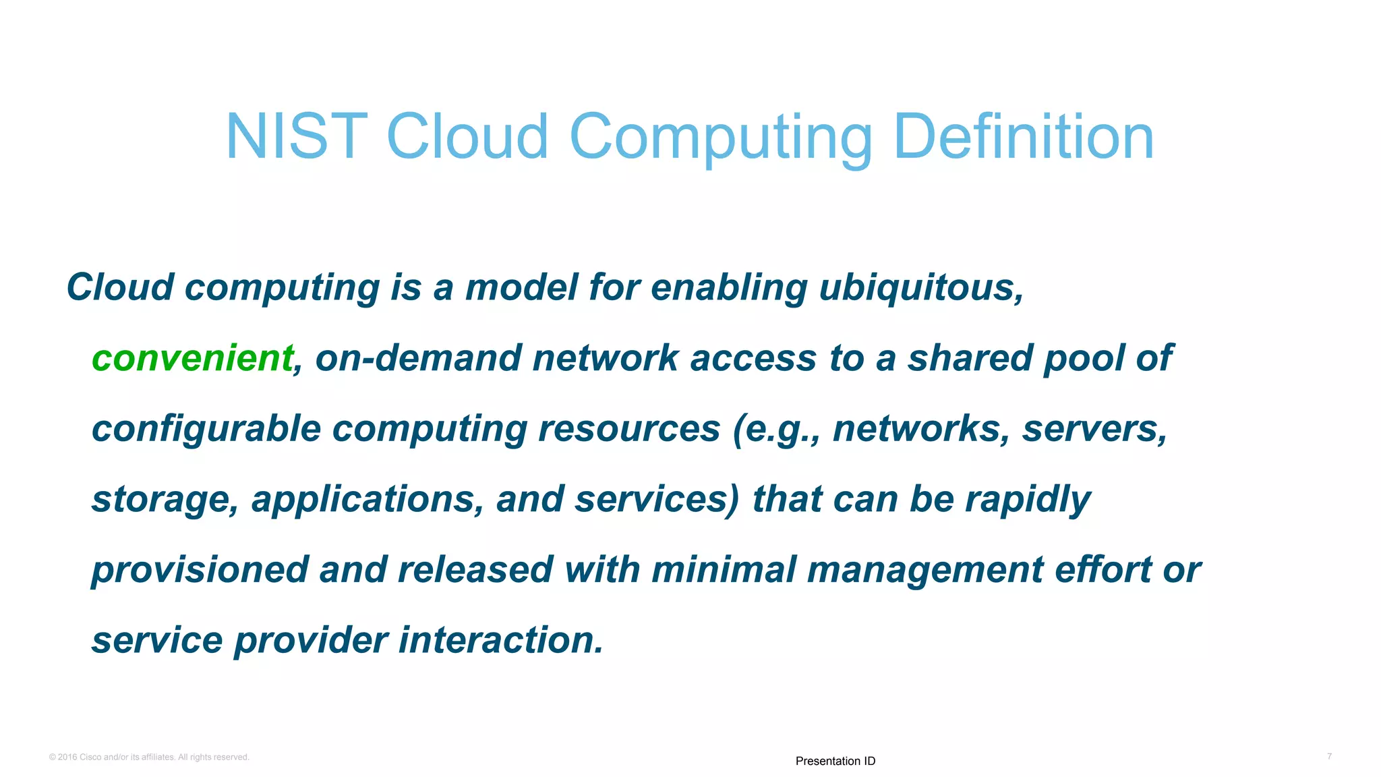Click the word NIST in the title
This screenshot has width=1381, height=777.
(x=297, y=137)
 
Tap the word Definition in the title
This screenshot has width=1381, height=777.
(x=1024, y=137)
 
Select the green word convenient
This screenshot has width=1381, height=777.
(x=192, y=358)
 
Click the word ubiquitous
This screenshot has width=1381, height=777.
(x=920, y=288)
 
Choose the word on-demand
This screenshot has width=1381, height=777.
(x=418, y=358)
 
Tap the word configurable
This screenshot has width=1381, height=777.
(x=206, y=429)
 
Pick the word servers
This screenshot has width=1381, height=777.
(x=1094, y=429)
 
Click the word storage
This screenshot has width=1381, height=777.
(x=165, y=500)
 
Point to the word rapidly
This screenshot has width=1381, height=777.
(x=1028, y=500)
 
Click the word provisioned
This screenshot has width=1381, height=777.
(x=200, y=570)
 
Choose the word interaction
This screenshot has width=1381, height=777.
(x=500, y=640)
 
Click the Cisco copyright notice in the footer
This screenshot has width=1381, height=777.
(x=149, y=757)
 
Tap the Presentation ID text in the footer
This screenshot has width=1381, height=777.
(x=835, y=761)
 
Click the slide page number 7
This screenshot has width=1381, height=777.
(x=1329, y=757)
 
